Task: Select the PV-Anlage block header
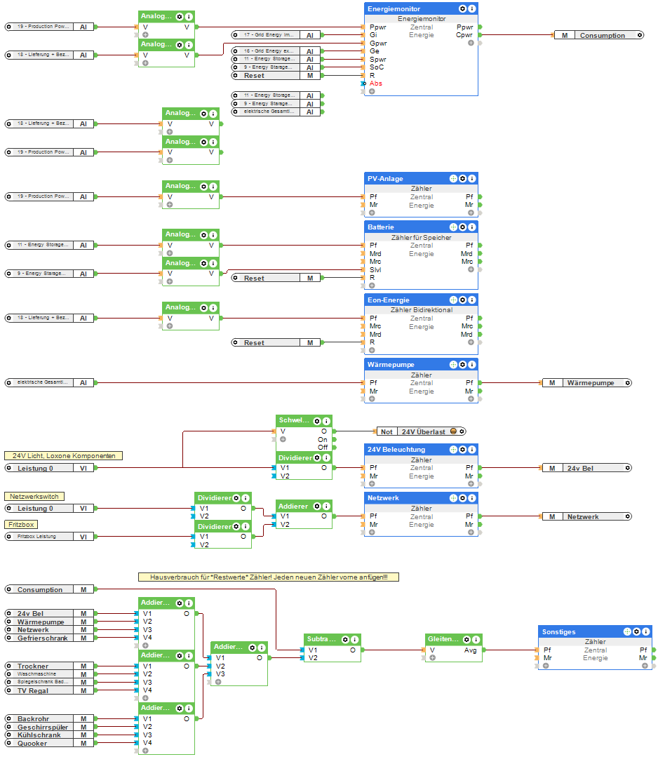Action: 386,179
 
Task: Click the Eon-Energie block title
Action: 388,300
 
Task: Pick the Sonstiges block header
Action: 558,632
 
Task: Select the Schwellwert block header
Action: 293,421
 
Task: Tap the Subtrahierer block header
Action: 321,639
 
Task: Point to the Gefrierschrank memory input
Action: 42,638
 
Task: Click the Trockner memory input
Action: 35,666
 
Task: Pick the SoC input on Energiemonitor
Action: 377,67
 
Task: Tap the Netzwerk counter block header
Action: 384,498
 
